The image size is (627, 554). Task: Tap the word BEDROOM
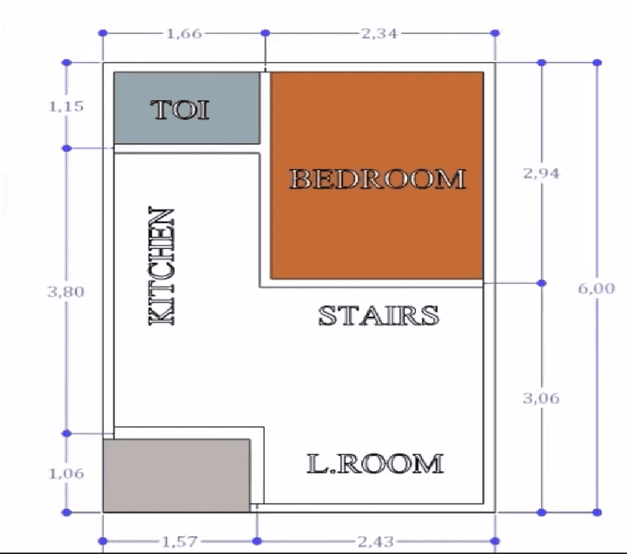(x=378, y=179)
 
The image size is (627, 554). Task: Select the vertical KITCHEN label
(x=162, y=266)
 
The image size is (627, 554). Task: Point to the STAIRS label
(x=378, y=315)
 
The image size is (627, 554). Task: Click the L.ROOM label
(x=375, y=463)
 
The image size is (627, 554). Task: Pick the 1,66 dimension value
(x=183, y=33)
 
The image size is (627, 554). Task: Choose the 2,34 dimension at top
(x=380, y=33)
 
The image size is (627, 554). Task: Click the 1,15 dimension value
(x=66, y=106)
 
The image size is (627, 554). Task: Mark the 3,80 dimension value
(x=66, y=291)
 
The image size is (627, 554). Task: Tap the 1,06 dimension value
(x=66, y=473)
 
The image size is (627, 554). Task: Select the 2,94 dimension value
(x=541, y=174)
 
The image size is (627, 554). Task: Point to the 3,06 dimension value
(x=541, y=398)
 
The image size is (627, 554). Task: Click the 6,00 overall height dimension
(x=596, y=289)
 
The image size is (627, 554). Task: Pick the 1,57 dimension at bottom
(x=179, y=541)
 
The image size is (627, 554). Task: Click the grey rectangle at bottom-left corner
(x=176, y=475)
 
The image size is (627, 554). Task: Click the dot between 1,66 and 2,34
(x=266, y=33)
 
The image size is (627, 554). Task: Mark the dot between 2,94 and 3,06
(x=541, y=283)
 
